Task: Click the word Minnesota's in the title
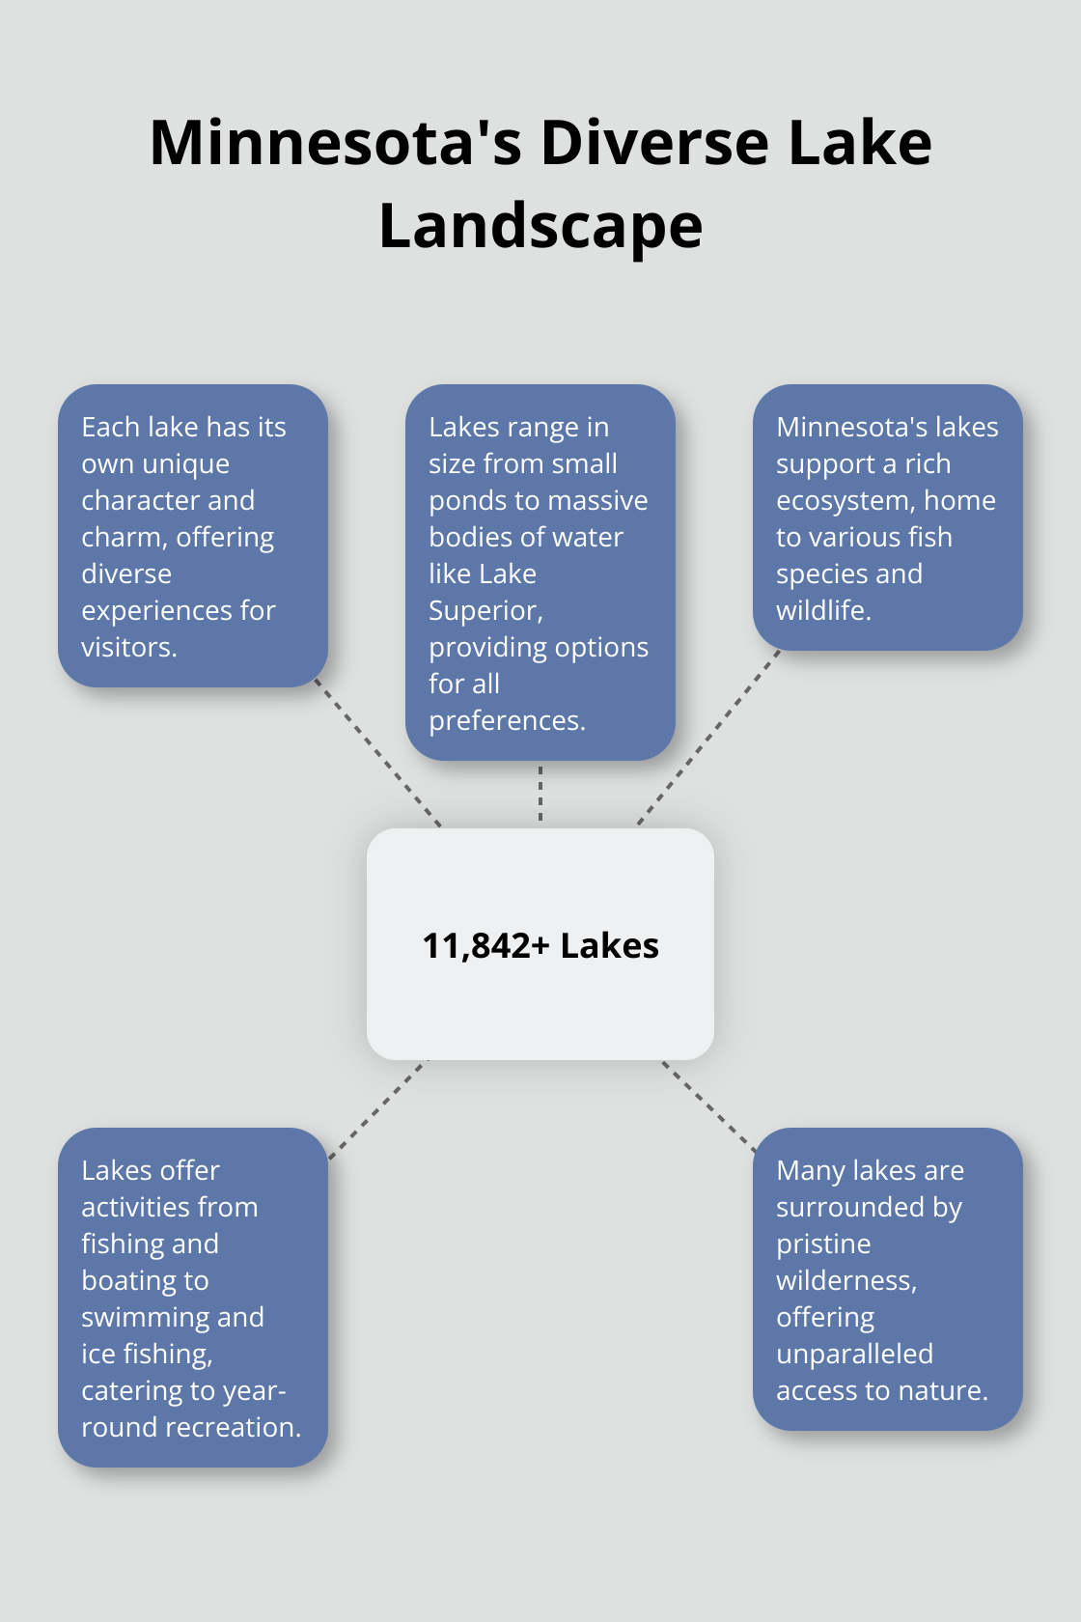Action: pyautogui.click(x=335, y=143)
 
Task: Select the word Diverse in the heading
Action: pyautogui.click(x=654, y=143)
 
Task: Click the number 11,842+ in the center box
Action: pyautogui.click(x=485, y=946)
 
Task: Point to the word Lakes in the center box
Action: pyautogui.click(x=610, y=946)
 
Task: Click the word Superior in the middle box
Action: pyautogui.click(x=485, y=610)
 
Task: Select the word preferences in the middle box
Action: pyautogui.click(x=506, y=721)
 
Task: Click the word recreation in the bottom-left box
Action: pyautogui.click(x=227, y=1427)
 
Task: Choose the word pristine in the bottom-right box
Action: pyautogui.click(x=823, y=1244)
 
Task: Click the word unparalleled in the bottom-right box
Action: pyautogui.click(x=854, y=1354)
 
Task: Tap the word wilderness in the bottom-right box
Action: pyautogui.click(x=845, y=1281)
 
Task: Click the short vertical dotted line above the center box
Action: pyautogui.click(x=540, y=794)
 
